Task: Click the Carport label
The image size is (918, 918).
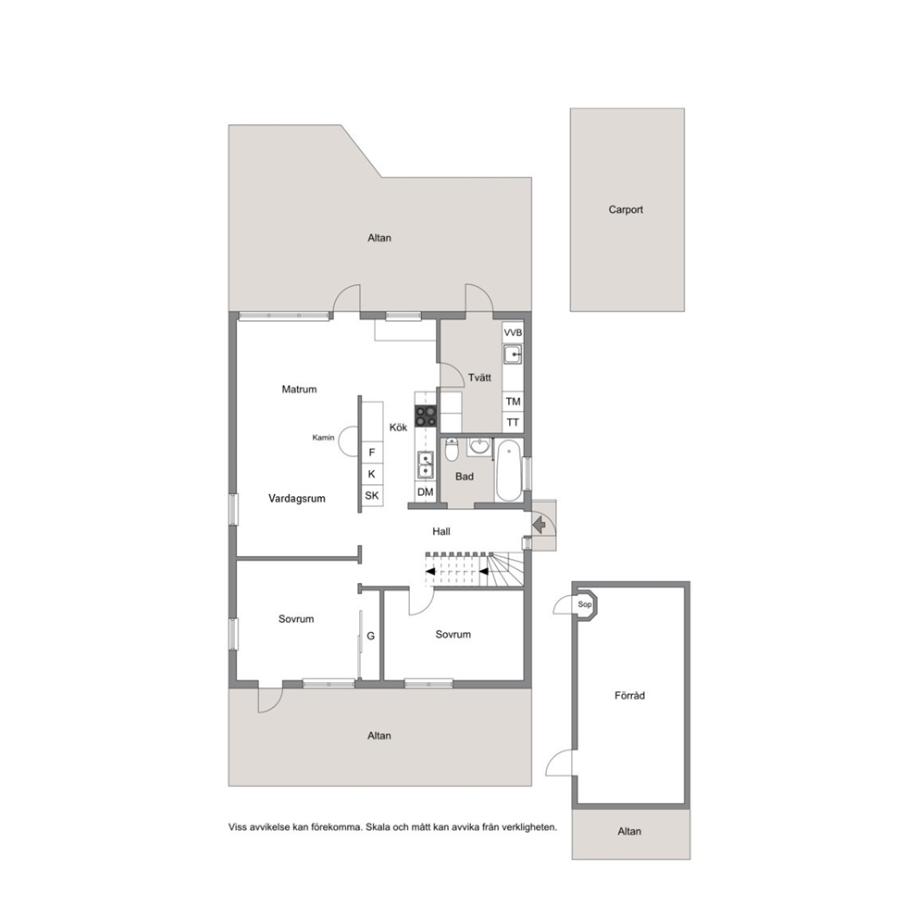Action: [626, 209]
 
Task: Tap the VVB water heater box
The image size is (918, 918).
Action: [513, 332]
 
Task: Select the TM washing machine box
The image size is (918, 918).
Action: [513, 402]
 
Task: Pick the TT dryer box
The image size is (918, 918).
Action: [513, 422]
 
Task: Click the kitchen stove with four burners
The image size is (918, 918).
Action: [426, 416]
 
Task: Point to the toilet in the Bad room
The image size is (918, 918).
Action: [452, 449]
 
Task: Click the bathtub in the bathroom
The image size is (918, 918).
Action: [509, 471]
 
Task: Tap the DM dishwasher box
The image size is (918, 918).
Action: [426, 492]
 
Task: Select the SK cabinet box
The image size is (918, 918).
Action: [372, 496]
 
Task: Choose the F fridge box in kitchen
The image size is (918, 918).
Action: [372, 453]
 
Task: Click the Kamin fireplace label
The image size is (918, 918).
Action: [323, 438]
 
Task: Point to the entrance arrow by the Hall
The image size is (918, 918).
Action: [540, 525]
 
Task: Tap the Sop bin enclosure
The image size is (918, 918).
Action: [585, 605]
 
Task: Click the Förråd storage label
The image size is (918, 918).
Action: [630, 696]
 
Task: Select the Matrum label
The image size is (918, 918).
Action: [299, 390]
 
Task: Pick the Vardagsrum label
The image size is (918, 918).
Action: [297, 499]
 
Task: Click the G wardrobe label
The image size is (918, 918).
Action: [370, 636]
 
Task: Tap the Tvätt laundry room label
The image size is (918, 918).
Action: [479, 378]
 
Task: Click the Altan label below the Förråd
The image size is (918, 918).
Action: [629, 831]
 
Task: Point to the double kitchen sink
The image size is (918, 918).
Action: [426, 465]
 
